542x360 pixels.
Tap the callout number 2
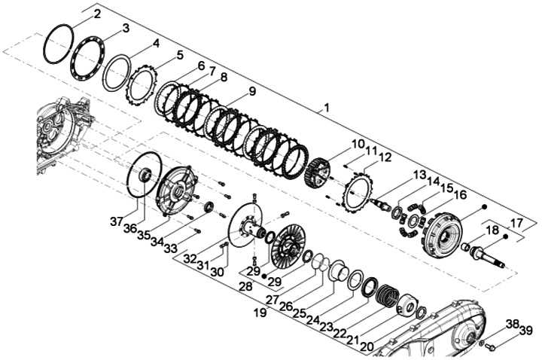(x=97, y=14)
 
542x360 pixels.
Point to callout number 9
(x=252, y=91)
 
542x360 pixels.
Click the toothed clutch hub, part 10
(x=318, y=172)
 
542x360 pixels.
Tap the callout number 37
(x=117, y=221)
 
